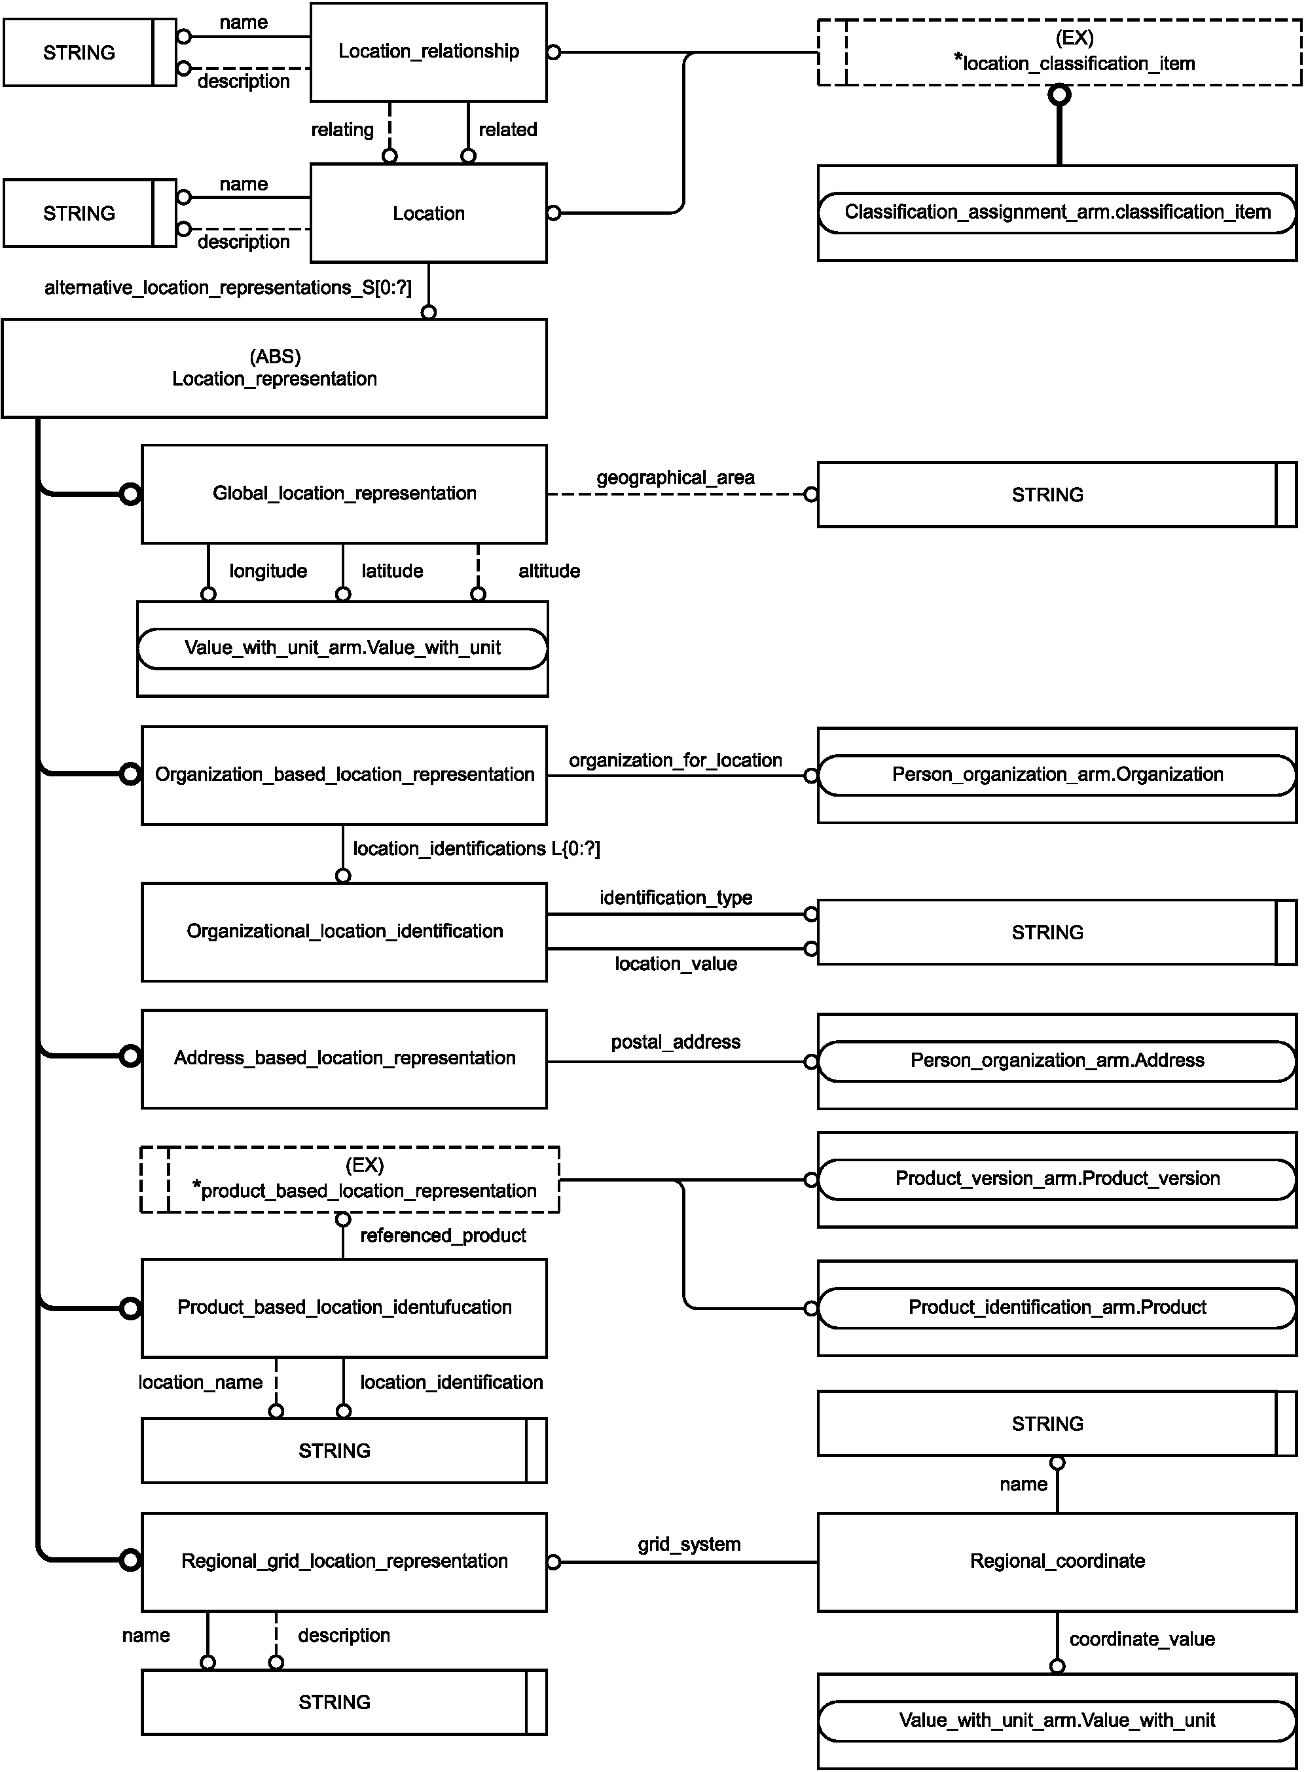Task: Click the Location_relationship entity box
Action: tap(429, 52)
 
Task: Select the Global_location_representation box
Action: tap(344, 494)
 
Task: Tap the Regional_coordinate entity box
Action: tap(1057, 1562)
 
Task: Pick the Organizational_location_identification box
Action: tap(344, 932)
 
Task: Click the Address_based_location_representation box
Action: tap(344, 1058)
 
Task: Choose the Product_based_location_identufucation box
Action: tap(344, 1308)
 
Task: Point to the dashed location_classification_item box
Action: tap(1059, 52)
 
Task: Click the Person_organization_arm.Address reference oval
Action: tap(1057, 1060)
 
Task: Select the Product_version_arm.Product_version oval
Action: tap(1057, 1179)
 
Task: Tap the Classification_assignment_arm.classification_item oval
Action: tap(1057, 213)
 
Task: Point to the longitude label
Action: tap(268, 571)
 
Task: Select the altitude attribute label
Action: tap(549, 571)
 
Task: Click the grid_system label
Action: tap(689, 1544)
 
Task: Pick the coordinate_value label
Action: tap(1142, 1639)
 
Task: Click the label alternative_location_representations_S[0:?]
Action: tap(228, 287)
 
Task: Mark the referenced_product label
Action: tap(443, 1235)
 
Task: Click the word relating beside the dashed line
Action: tap(342, 130)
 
